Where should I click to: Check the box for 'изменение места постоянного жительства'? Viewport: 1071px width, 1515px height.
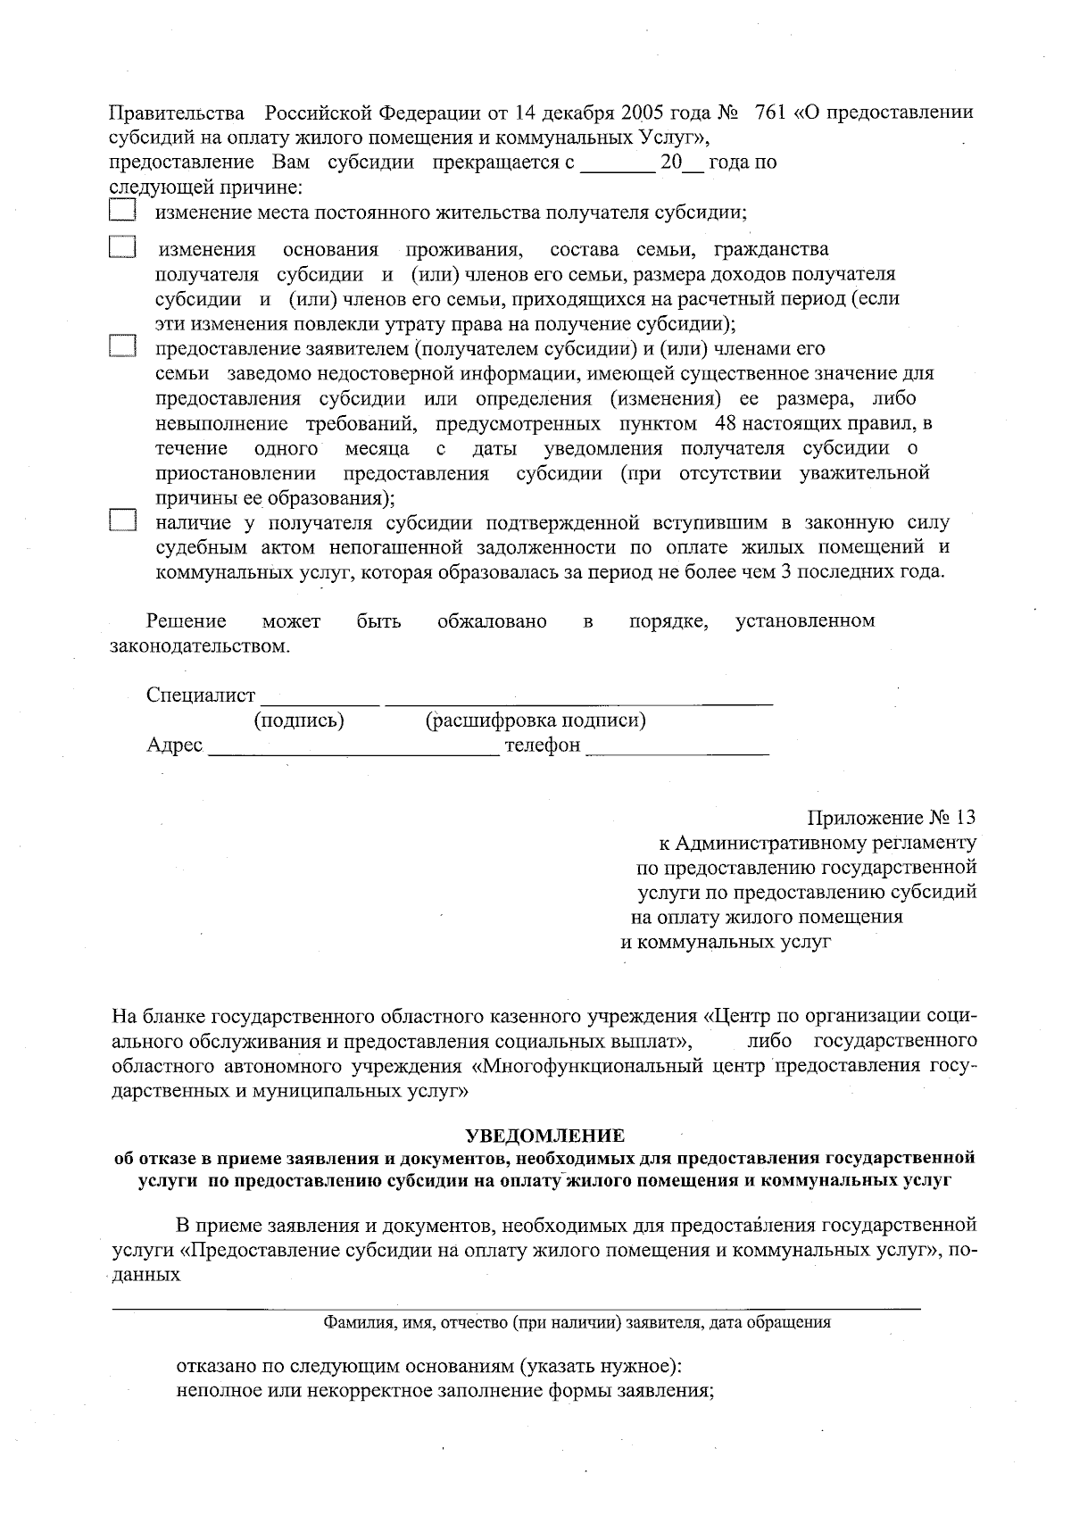pos(121,211)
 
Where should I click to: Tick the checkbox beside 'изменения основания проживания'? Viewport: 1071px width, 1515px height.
pos(121,246)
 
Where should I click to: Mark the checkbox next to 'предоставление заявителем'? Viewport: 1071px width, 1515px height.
pos(121,346)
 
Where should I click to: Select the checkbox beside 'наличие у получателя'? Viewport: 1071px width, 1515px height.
pos(121,520)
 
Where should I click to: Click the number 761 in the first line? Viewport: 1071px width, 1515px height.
pos(770,113)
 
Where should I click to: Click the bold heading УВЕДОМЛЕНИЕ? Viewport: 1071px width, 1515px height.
pos(545,1136)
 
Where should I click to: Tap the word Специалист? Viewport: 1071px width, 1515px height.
pos(201,695)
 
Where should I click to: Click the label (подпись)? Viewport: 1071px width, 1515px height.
pos(299,720)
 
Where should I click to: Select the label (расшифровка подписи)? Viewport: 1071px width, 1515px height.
pos(535,720)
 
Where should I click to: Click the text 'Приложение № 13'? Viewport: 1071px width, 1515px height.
pos(892,818)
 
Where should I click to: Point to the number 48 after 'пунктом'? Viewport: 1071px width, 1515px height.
pos(726,422)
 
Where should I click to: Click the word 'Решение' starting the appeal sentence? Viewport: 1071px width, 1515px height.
pos(187,620)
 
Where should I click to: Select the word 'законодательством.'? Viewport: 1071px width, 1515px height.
pos(199,645)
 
